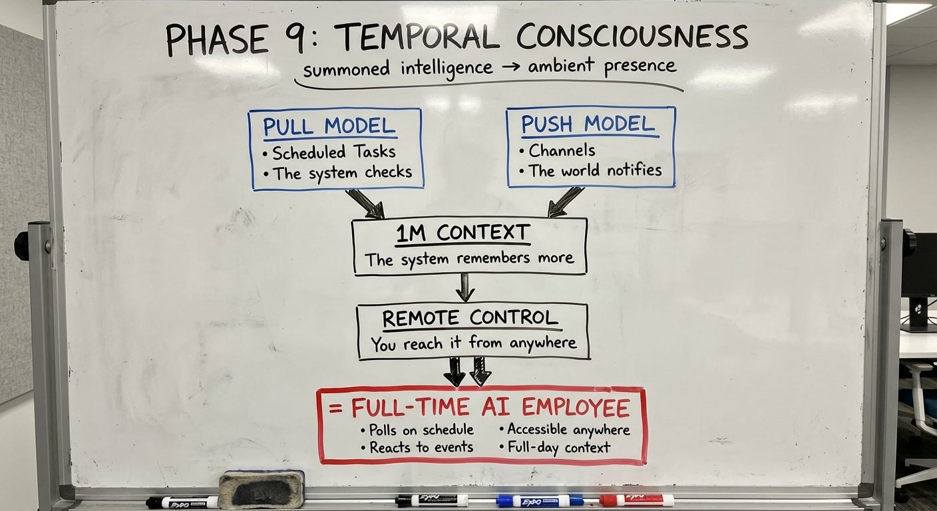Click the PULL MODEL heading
click(x=329, y=126)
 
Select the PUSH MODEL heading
click(x=588, y=124)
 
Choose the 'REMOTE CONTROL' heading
click(x=470, y=318)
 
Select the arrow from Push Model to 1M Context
click(x=565, y=202)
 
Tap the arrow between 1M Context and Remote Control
click(x=465, y=287)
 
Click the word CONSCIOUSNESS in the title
click(x=632, y=37)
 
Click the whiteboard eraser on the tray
click(x=262, y=489)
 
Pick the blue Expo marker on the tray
click(x=539, y=500)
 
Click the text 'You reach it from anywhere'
click(x=473, y=343)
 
